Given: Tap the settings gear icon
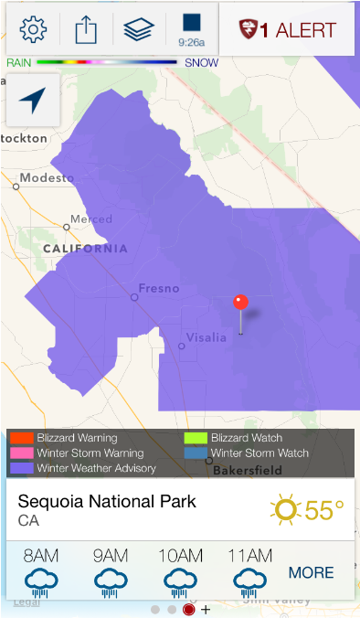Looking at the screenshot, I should pos(33,29).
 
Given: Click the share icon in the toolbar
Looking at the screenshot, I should pos(85,29).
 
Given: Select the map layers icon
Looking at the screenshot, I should pos(138,29).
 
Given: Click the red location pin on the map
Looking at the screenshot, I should pos(241,303).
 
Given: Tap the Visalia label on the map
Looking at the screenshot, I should pos(206,337).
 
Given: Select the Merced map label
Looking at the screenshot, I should pos(91,220).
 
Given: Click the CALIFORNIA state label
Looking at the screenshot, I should pos(85,249).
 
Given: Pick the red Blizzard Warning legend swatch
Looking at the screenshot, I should pos(22,438).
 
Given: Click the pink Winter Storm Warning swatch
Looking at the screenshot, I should pos(22,453).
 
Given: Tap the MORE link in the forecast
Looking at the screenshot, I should pos(312,573).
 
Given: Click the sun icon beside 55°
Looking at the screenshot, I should pos(286,509).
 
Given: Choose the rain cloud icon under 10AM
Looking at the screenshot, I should pos(180,581).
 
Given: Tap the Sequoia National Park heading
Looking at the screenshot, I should pos(107,502).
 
